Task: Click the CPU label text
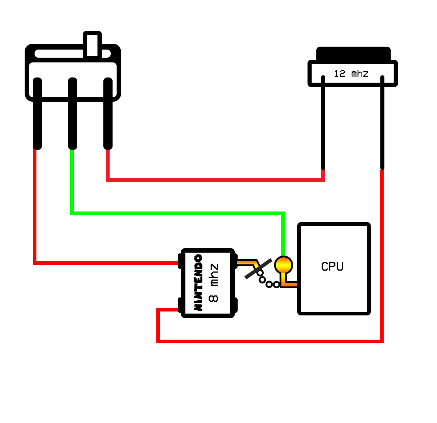332,266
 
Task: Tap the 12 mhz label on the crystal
351,73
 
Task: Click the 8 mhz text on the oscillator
213,283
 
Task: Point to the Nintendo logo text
198,282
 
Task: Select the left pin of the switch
38,113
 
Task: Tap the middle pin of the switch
72,113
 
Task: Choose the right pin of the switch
108,113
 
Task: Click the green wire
178,213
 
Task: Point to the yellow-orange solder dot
284,265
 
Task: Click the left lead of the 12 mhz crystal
323,122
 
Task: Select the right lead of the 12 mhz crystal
383,122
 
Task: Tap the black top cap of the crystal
353,54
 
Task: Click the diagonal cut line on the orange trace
258,268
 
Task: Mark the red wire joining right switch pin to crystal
216,180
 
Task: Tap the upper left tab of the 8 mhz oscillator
180,261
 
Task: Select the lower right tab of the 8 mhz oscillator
235,305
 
